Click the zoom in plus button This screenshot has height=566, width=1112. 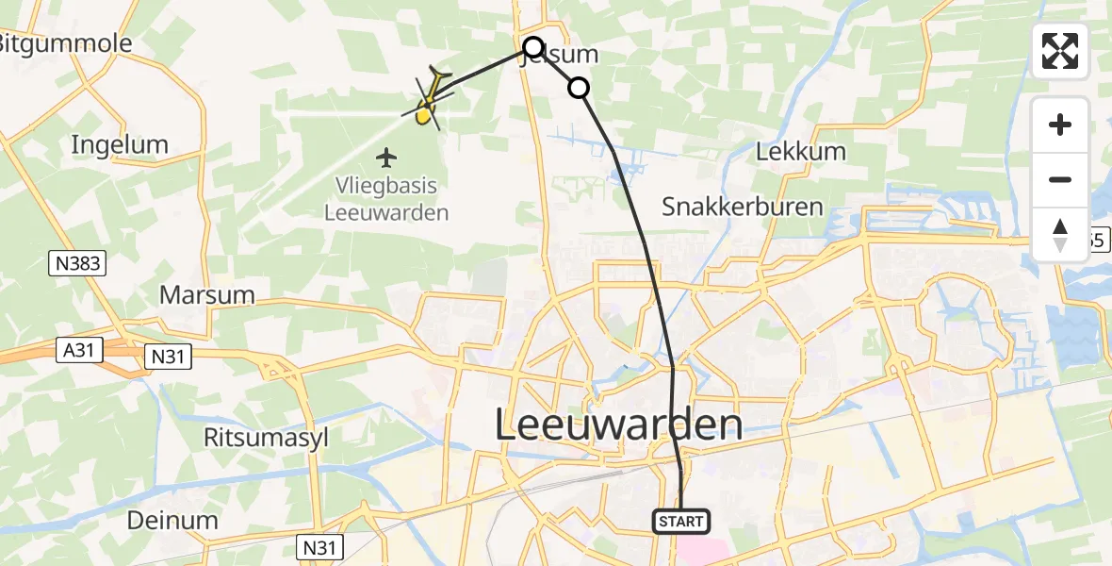click(x=1060, y=125)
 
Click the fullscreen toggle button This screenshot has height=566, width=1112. click(x=1060, y=51)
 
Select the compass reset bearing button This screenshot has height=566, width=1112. click(x=1060, y=235)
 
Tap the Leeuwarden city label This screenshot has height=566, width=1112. click(x=618, y=426)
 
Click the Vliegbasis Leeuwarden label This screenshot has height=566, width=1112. click(x=386, y=199)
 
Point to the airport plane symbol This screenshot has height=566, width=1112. click(x=386, y=156)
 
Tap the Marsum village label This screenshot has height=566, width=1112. click(x=207, y=294)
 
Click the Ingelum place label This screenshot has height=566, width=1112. click(x=120, y=144)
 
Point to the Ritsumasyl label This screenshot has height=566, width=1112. click(x=258, y=437)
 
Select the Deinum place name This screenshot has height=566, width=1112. click(x=172, y=520)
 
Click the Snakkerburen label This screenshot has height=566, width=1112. click(x=743, y=207)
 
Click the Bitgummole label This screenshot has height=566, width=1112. click(x=64, y=43)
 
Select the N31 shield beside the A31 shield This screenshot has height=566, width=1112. click(x=167, y=357)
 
